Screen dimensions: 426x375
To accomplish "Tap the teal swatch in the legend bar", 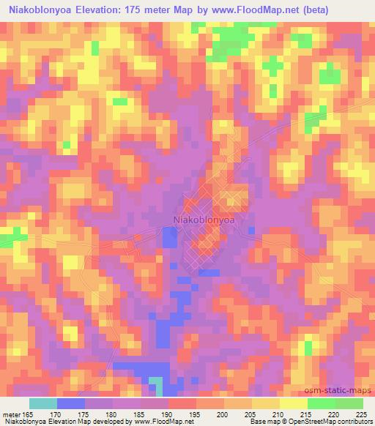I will point(42,403).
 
